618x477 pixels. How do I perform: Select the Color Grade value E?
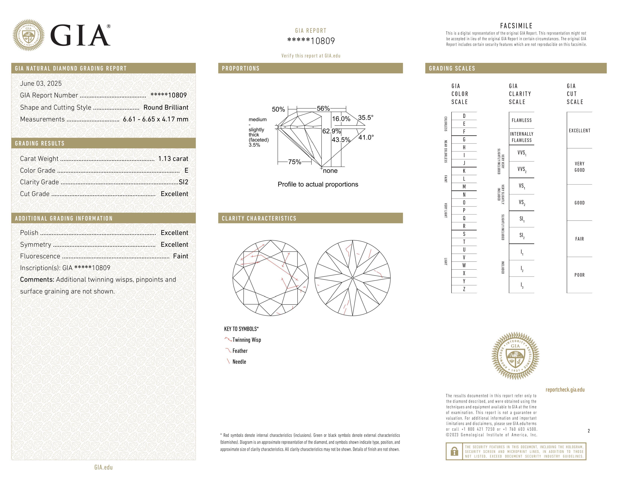(186, 170)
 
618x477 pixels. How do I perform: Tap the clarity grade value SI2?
(183, 182)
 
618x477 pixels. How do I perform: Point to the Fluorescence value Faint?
(181, 256)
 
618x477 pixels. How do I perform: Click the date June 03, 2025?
(41, 83)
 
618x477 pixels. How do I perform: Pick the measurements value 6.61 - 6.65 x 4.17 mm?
(156, 119)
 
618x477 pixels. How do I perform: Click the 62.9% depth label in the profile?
(331, 131)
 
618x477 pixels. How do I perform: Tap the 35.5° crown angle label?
(366, 117)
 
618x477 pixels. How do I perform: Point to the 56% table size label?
(323, 108)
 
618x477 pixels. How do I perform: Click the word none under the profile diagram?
(330, 171)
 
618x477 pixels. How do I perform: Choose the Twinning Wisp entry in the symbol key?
(246, 340)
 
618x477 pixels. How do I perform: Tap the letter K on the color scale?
(464, 171)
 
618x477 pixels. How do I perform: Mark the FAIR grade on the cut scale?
(579, 239)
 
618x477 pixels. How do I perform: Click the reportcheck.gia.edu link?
(565, 390)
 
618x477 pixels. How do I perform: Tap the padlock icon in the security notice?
(454, 451)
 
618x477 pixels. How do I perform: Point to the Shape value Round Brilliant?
(166, 107)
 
